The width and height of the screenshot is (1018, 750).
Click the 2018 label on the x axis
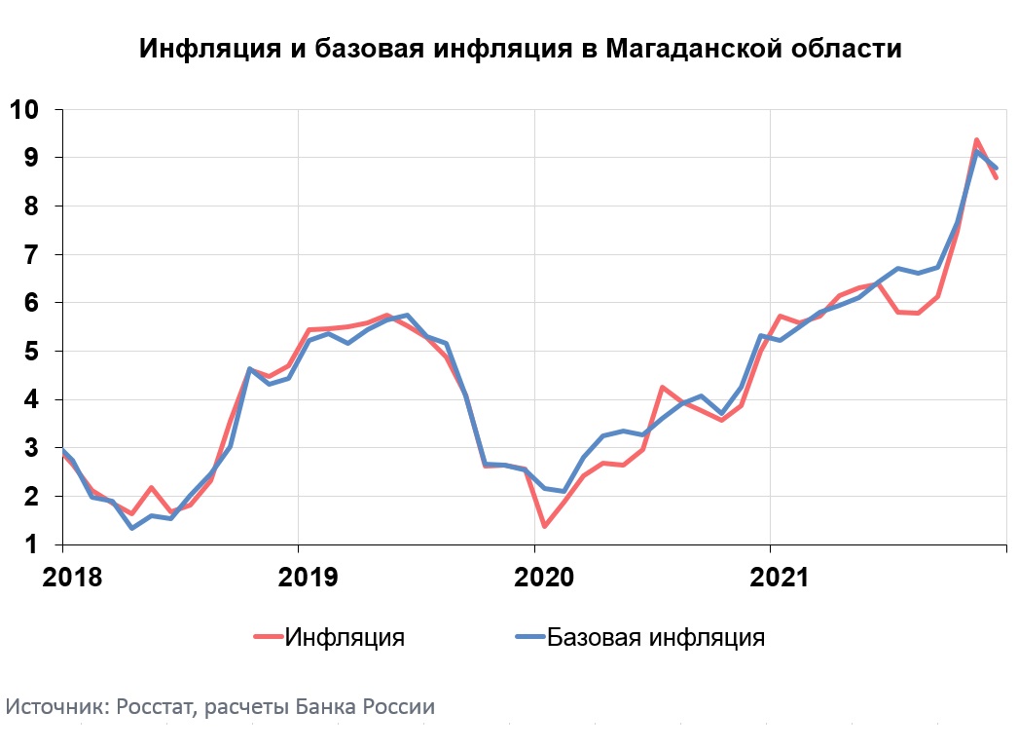72,577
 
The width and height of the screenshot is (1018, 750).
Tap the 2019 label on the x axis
309,577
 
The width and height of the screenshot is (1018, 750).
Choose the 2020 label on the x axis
544,577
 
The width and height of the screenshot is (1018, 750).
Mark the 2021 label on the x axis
780,577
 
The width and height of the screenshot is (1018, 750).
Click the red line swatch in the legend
268,638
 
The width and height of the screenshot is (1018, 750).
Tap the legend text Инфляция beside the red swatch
345,638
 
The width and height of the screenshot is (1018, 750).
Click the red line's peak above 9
976,140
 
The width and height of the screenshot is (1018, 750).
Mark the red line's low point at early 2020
544,526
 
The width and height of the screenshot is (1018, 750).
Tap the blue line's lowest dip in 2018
131,528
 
